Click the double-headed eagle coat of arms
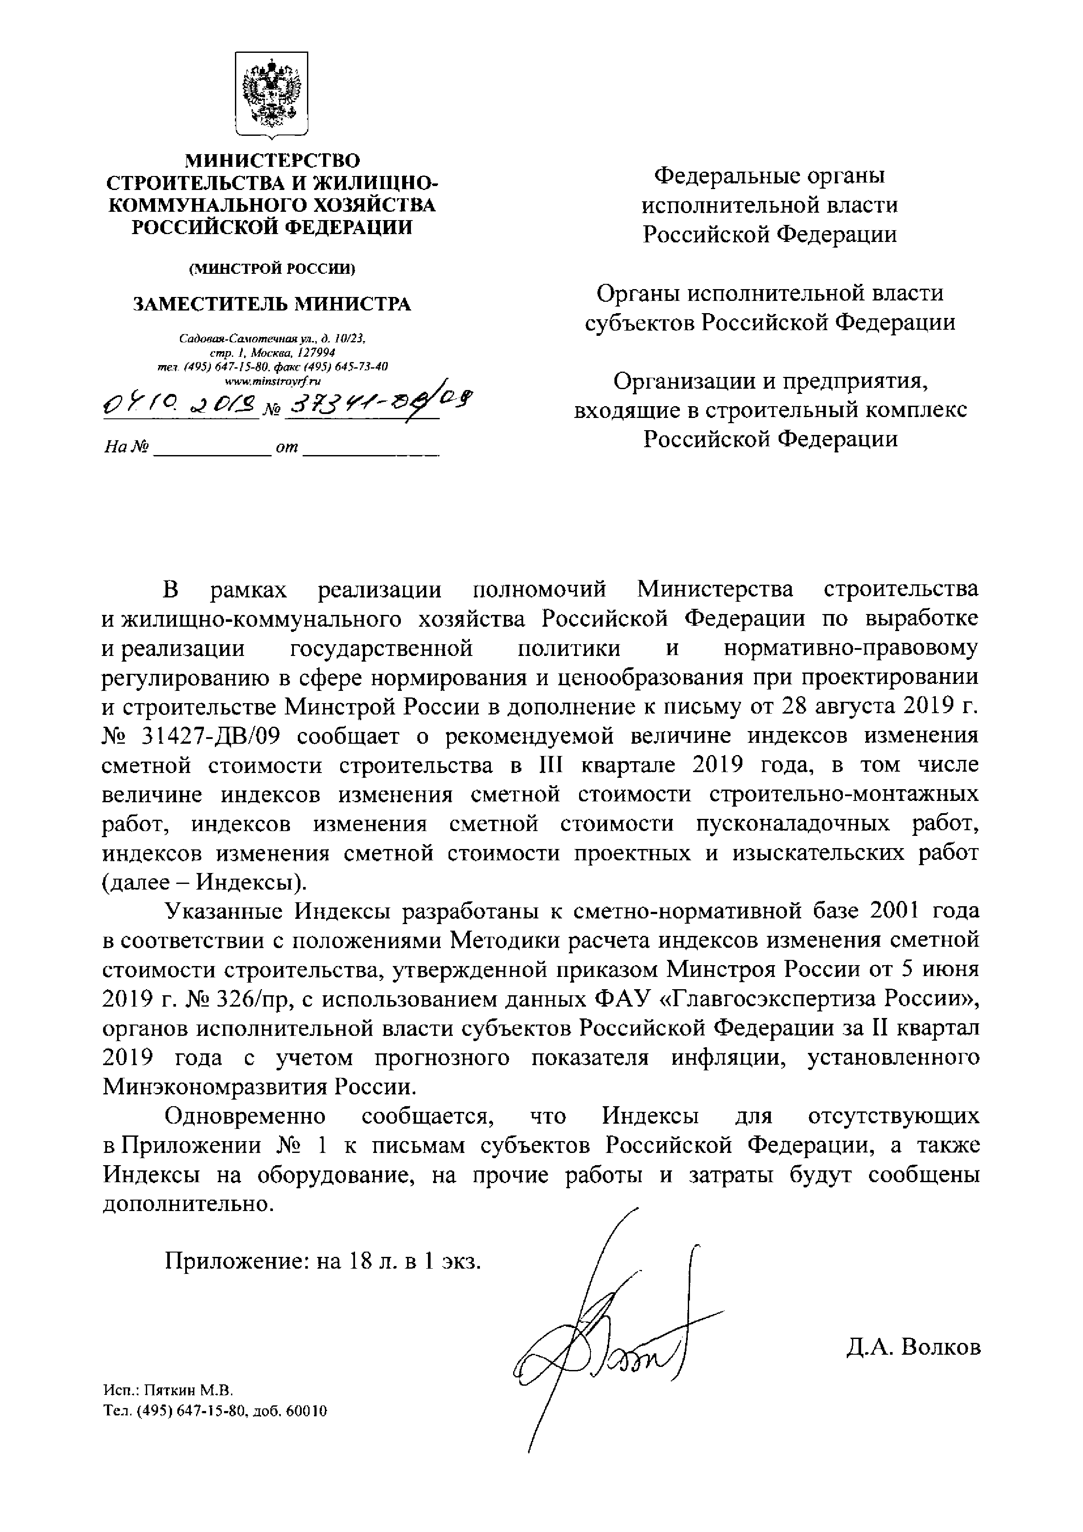click(x=271, y=95)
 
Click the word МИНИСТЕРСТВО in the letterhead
click(x=272, y=161)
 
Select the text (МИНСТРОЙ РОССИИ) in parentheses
click(x=272, y=268)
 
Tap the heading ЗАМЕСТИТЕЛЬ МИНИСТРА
click(x=272, y=304)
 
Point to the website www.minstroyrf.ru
click(x=272, y=381)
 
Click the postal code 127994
click(x=313, y=352)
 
